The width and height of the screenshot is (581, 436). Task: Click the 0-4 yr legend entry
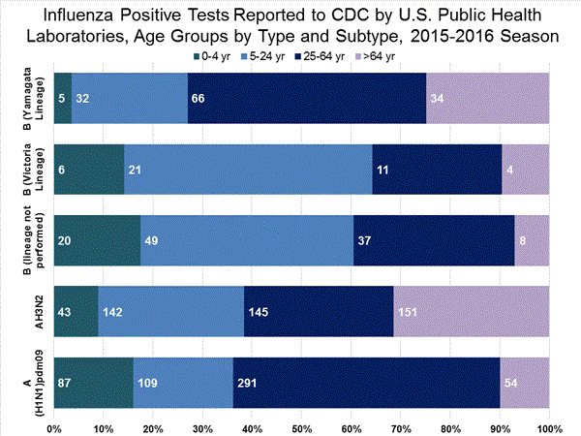(207, 56)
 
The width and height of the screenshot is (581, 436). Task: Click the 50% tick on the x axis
(301, 426)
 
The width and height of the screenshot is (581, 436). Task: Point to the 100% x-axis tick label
(548, 426)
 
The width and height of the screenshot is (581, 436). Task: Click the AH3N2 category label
(28, 311)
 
